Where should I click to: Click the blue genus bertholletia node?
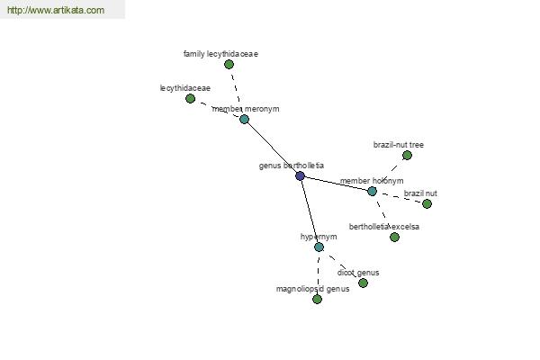click(x=300, y=176)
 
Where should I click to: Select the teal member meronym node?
click(x=244, y=120)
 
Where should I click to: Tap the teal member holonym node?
click(x=372, y=191)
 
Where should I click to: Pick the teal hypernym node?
click(x=319, y=247)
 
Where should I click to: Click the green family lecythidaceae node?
click(x=229, y=65)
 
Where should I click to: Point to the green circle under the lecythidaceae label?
click(x=191, y=99)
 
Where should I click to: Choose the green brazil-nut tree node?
click(x=407, y=156)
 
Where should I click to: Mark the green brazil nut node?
click(x=427, y=204)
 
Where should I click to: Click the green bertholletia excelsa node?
click(x=395, y=237)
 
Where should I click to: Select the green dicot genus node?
click(x=363, y=283)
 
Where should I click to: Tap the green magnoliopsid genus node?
click(x=317, y=299)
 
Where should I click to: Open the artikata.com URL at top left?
click(x=56, y=10)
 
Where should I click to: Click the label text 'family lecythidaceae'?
click(x=220, y=54)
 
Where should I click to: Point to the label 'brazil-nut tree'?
click(x=399, y=145)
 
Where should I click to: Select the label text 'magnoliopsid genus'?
click(x=312, y=289)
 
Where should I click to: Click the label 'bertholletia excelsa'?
click(x=384, y=227)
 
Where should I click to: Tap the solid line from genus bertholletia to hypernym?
click(x=310, y=211)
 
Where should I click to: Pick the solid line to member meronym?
click(x=272, y=148)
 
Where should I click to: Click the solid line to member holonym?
click(x=336, y=184)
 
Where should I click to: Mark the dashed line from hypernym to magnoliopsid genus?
click(x=318, y=274)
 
